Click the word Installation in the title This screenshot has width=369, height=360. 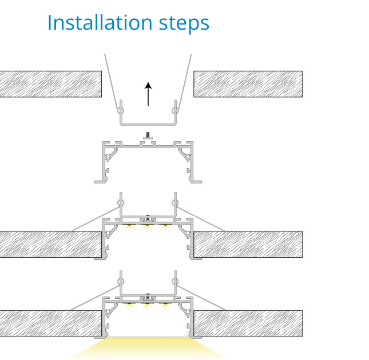click(100, 22)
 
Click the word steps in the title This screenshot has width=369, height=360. click(184, 24)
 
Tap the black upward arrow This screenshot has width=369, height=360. click(148, 94)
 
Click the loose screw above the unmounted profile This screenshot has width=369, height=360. click(148, 135)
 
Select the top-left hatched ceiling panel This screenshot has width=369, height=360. click(50, 84)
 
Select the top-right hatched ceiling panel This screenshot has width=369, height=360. click(248, 84)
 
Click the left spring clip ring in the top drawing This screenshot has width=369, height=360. click(121, 110)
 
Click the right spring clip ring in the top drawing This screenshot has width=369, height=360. click(175, 110)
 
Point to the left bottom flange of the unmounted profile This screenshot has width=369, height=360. click(100, 182)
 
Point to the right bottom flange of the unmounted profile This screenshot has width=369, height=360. click(196, 182)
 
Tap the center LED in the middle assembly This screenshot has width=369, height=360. click(147, 227)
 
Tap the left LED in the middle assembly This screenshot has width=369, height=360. click(129, 227)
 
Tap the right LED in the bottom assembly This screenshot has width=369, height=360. click(165, 306)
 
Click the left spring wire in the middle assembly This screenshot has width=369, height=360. click(96, 219)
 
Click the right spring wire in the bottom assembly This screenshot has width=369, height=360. click(201, 298)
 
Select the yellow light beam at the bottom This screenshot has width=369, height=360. click(148, 349)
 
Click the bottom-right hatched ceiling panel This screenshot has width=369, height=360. click(248, 323)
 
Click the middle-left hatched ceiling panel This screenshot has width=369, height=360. click(50, 244)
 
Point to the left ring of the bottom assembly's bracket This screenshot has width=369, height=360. click(121, 281)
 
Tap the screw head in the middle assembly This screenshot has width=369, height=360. click(148, 218)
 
